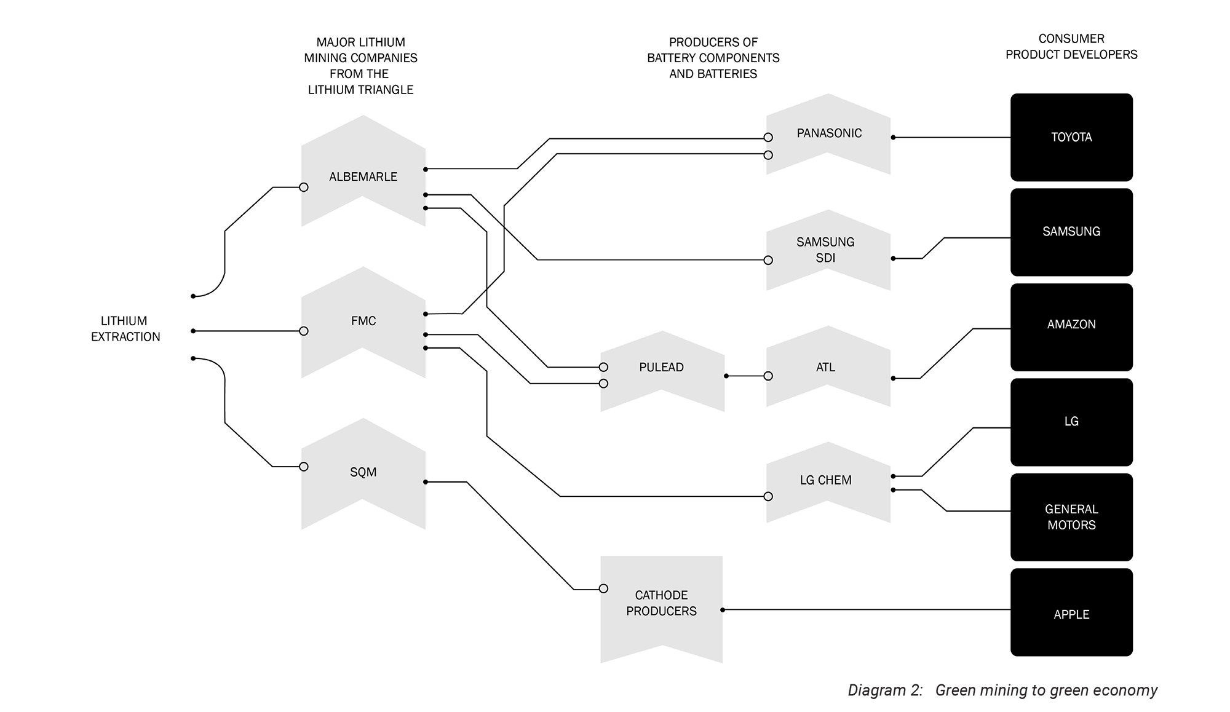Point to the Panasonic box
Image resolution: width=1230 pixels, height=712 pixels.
click(828, 134)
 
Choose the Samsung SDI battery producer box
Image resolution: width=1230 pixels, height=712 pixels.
click(828, 250)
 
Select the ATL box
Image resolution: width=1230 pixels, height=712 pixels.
click(828, 366)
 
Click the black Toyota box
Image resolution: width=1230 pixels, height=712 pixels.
click(1071, 137)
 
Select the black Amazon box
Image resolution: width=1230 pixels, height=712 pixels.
click(1071, 327)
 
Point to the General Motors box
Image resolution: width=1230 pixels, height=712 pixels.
click(1071, 517)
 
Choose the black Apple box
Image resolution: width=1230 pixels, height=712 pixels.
click(1071, 612)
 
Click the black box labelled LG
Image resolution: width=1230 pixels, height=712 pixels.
click(1071, 422)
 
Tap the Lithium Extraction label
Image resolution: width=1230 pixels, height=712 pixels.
click(125, 329)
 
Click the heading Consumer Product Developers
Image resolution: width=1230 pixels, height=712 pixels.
click(1071, 47)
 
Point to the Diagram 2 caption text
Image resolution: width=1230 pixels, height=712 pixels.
click(1002, 690)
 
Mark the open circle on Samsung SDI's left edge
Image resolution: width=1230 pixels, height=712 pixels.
click(768, 260)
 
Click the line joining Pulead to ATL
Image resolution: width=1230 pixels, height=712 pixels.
click(747, 376)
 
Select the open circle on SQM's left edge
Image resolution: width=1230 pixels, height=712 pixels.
click(304, 467)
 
